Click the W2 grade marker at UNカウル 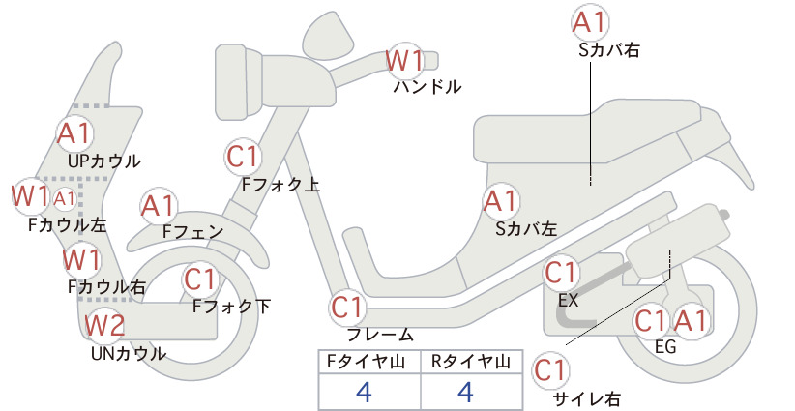click(x=104, y=325)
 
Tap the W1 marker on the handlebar click(x=404, y=61)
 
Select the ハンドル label click(x=427, y=87)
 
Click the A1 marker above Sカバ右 click(x=590, y=23)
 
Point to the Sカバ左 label click(x=526, y=229)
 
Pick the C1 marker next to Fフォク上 click(x=244, y=157)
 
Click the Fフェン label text click(x=193, y=231)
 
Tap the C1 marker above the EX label click(x=561, y=273)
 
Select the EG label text click(x=665, y=346)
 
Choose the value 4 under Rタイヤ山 click(x=465, y=392)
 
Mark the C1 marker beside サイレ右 click(x=550, y=370)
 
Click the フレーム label click(x=380, y=335)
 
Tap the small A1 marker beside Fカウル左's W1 click(x=65, y=199)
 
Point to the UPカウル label click(x=104, y=161)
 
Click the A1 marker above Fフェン click(x=159, y=207)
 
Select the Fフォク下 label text click(x=232, y=307)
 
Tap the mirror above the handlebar click(x=329, y=34)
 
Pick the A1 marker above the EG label click(x=691, y=321)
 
